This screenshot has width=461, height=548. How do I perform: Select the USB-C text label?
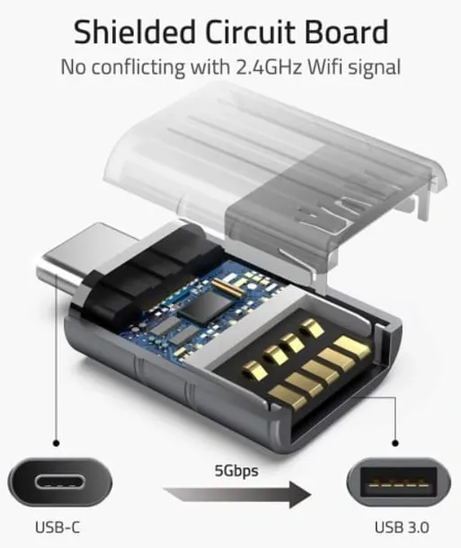click(x=58, y=527)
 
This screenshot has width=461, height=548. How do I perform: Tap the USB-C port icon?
click(x=58, y=482)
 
